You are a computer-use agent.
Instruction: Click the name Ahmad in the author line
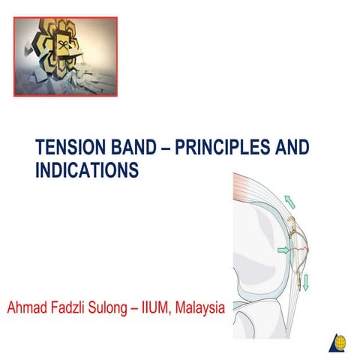[x=28, y=308]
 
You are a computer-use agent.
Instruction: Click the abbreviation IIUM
[x=164, y=308]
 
